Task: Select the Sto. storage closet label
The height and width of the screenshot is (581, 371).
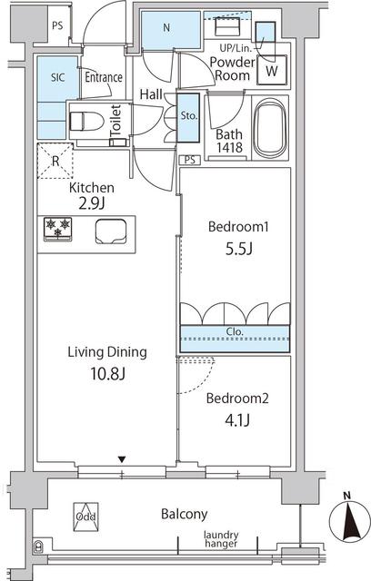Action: [x=188, y=116]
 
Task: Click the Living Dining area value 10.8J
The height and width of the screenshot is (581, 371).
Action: [x=105, y=374]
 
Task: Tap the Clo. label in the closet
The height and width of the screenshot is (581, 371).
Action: [x=235, y=332]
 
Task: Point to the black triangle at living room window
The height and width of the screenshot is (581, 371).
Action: [x=122, y=459]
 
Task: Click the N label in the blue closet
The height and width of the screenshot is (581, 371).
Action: [x=166, y=28]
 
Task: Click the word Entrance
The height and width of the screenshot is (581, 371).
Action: [x=104, y=77]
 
